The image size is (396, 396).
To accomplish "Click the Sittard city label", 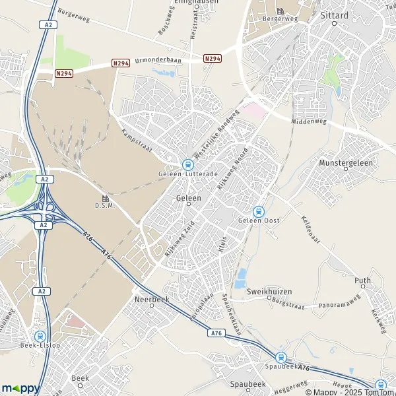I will click(x=333, y=13).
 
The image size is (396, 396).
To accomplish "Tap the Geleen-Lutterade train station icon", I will click(x=187, y=164).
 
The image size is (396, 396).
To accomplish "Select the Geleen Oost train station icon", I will click(x=258, y=212).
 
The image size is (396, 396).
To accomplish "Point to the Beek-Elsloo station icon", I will click(x=40, y=335).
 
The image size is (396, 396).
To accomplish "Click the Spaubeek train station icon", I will click(x=281, y=358).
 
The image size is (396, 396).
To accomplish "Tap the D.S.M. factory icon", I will click(x=105, y=199).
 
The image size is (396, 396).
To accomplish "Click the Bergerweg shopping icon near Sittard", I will click(x=280, y=11).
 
